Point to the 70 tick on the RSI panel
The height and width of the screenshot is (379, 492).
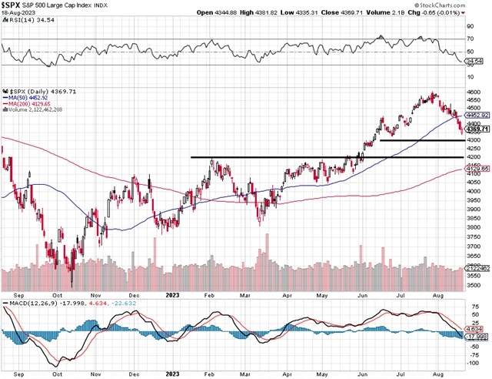click(470, 38)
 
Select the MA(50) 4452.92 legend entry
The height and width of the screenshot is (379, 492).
click(30, 98)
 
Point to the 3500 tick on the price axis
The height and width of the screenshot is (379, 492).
click(474, 285)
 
